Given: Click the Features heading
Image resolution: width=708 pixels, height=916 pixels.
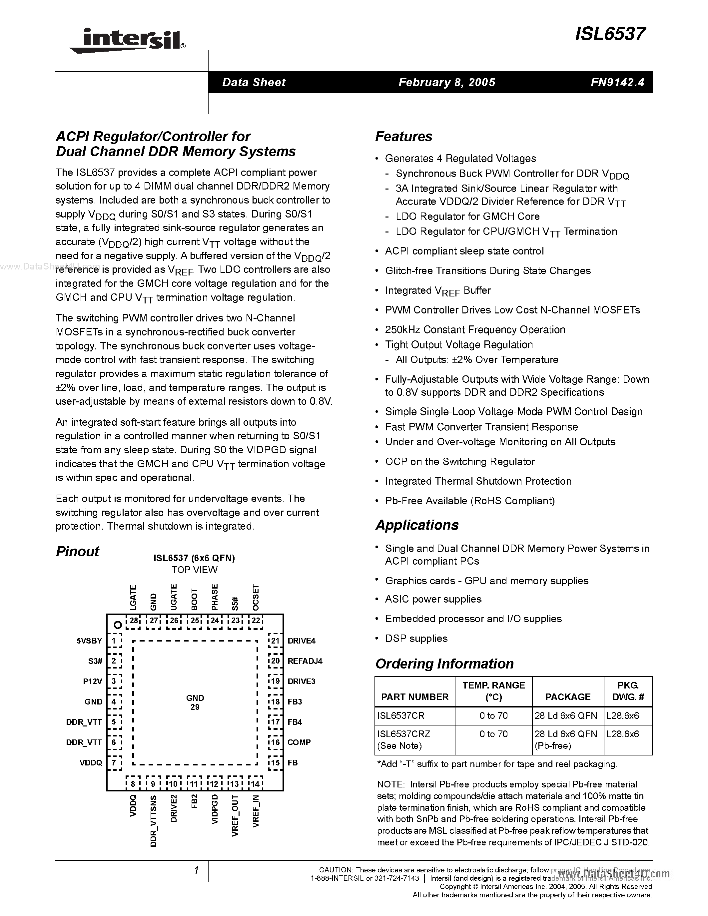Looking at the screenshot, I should pos(403,137).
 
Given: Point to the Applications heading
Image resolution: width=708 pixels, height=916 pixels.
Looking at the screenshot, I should pos(416,525).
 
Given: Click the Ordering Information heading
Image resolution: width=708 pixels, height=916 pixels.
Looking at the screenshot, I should pos(444,664).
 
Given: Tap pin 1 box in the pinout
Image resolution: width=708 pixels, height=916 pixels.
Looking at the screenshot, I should pos(114,641).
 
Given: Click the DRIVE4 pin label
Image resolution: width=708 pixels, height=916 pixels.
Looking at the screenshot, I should pos(301,641).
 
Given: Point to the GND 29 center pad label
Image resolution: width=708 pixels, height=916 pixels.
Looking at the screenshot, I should pos(195,702).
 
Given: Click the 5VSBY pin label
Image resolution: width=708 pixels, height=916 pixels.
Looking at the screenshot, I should pos(89,641).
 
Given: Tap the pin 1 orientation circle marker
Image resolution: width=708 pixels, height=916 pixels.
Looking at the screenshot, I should pos(118,625).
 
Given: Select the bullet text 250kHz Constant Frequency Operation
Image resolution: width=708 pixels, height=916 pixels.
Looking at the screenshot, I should pos(475,330).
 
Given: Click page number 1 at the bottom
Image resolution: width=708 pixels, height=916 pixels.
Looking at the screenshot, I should pos(196,870).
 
